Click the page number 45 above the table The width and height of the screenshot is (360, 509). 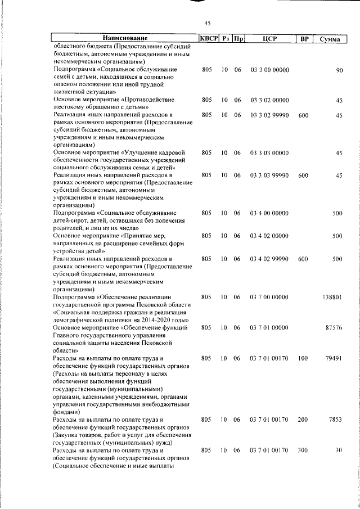(x=207, y=23)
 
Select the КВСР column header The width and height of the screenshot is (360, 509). (x=208, y=39)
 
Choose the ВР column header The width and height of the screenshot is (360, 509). (x=303, y=39)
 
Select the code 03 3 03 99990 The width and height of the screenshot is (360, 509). (x=269, y=176)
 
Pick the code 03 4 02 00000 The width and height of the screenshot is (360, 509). (x=269, y=236)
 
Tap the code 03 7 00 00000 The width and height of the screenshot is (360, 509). (x=269, y=296)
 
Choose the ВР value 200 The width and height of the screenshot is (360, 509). (x=303, y=419)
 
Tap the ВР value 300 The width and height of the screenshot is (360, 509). (x=303, y=450)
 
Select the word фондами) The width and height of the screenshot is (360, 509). (x=67, y=411)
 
